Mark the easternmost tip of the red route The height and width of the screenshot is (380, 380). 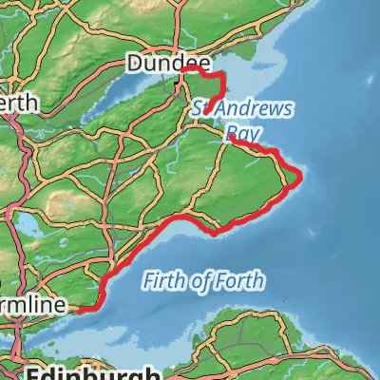300,175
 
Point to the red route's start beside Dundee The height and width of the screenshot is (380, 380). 187,68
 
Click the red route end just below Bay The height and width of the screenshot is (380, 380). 231,138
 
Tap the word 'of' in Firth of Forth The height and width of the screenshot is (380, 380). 205,281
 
